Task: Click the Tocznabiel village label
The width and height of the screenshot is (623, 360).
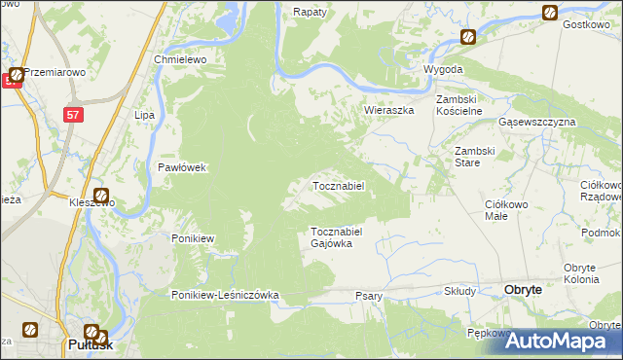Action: [x=338, y=186]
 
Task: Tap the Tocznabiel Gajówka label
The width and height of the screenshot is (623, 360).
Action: [x=337, y=237]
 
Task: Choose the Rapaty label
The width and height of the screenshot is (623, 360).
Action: [x=310, y=13]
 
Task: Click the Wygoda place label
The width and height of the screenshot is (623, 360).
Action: [x=443, y=71]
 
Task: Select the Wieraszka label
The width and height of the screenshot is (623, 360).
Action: [x=389, y=110]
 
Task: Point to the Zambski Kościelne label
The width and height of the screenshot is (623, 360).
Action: [x=459, y=105]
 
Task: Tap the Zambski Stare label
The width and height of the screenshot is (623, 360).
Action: [x=476, y=157]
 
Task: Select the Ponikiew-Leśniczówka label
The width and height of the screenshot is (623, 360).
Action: [x=226, y=295]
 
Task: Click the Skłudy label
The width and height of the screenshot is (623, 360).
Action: [x=459, y=291]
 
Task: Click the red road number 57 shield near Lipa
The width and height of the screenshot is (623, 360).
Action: [x=74, y=115]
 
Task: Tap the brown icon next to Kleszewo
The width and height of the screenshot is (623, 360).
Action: [x=100, y=196]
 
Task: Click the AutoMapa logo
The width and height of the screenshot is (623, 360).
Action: [x=562, y=340]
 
